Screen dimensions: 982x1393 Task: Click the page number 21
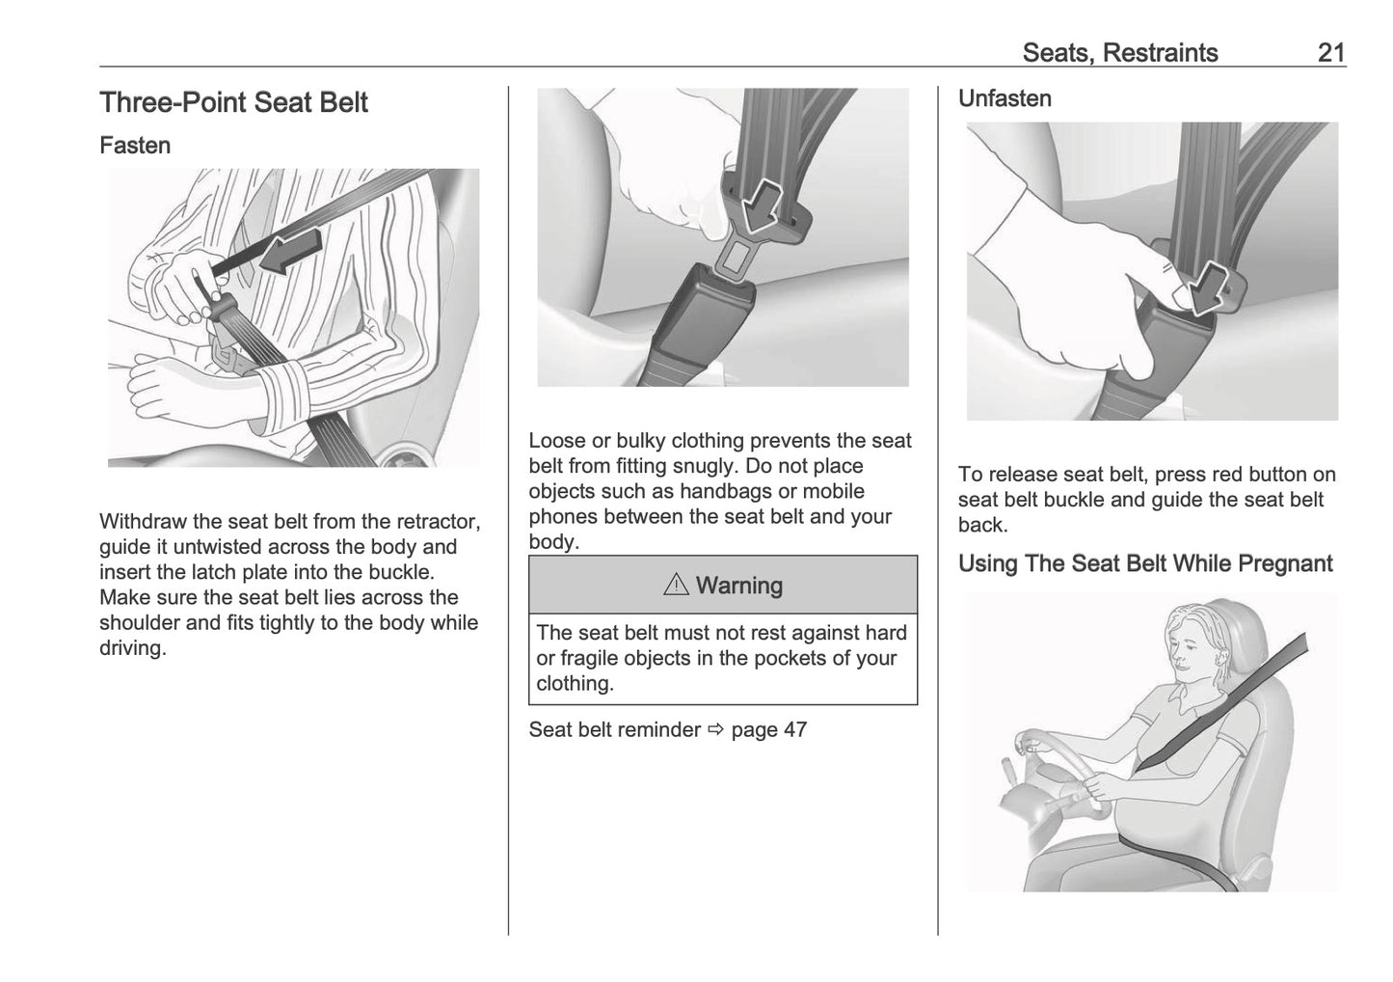coord(1330,53)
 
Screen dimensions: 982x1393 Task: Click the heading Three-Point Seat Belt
coord(233,103)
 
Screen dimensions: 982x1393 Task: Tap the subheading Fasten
coord(135,146)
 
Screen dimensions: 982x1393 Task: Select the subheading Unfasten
coord(1004,98)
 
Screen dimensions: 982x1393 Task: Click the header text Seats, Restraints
coord(1119,53)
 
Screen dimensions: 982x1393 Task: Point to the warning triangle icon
coord(676,586)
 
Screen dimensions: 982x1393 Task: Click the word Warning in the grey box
coord(738,586)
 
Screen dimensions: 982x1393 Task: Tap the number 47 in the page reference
coord(794,729)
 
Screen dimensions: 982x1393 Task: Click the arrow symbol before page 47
coord(714,730)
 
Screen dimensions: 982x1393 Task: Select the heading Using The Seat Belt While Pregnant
coord(1144,564)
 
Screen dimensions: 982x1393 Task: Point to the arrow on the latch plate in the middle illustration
coord(766,199)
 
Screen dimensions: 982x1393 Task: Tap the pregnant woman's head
coord(1194,645)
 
